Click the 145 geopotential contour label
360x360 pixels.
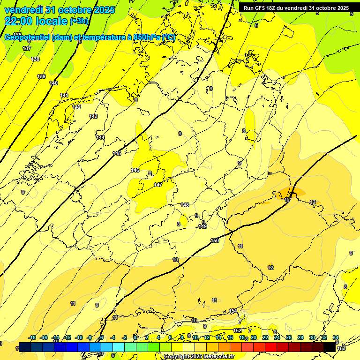click(x=117, y=154)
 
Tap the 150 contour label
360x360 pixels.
click(x=215, y=240)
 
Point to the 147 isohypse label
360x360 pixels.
click(x=158, y=185)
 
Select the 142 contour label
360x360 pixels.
click(x=76, y=107)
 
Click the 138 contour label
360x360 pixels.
click(x=35, y=59)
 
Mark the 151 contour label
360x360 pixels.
click(x=232, y=311)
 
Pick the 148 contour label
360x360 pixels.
click(x=185, y=205)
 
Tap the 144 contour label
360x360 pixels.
click(x=100, y=137)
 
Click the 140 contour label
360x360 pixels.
click(x=53, y=83)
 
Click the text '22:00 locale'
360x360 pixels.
click(x=36, y=21)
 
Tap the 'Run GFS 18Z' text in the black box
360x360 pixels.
click(x=260, y=8)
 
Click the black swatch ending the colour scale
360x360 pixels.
click(x=330, y=347)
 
